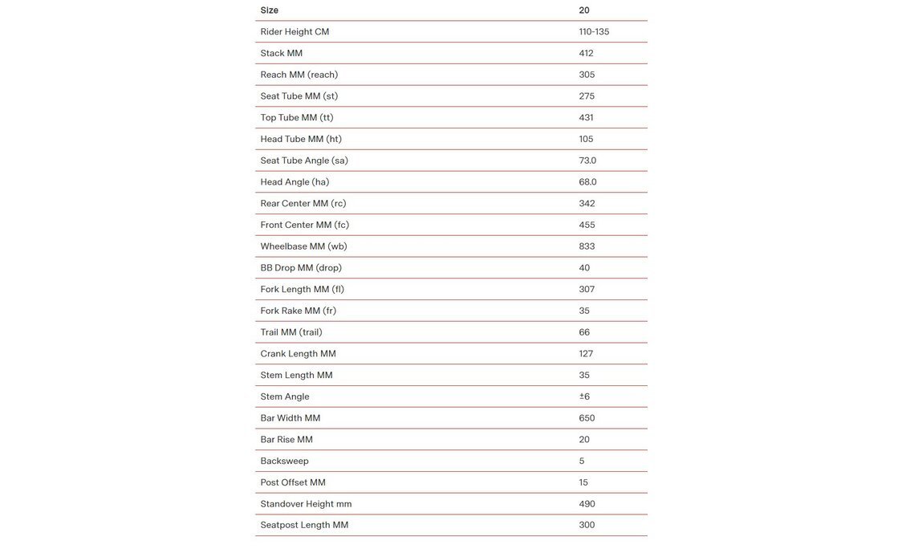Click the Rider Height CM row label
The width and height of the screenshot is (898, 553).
pyautogui.click(x=295, y=32)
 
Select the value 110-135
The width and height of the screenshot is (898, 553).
pyautogui.click(x=594, y=32)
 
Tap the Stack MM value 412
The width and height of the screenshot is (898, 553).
pyautogui.click(x=586, y=53)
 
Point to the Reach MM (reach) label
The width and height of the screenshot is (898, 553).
pyautogui.click(x=299, y=75)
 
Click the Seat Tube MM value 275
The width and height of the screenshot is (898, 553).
pyautogui.click(x=587, y=96)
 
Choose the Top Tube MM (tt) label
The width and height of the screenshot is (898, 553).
pyautogui.click(x=296, y=118)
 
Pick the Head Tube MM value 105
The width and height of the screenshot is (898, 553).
pyautogui.click(x=586, y=139)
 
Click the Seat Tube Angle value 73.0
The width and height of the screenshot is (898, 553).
pyautogui.click(x=587, y=161)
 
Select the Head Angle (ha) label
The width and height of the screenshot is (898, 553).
pyautogui.click(x=295, y=182)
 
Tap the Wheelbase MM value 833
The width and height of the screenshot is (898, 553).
pyautogui.click(x=587, y=246)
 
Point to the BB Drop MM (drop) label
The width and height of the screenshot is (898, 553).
pyautogui.click(x=301, y=268)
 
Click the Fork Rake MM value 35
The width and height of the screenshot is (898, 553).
pyautogui.click(x=584, y=311)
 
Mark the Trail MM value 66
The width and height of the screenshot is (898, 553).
pyautogui.click(x=584, y=332)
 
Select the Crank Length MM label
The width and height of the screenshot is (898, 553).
pyautogui.click(x=298, y=354)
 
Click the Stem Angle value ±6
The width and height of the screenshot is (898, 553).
pyautogui.click(x=584, y=396)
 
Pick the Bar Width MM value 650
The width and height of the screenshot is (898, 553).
pyautogui.click(x=587, y=418)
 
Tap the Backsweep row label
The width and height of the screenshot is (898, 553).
pyautogui.click(x=284, y=462)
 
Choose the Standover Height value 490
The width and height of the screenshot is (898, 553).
pyautogui.click(x=587, y=504)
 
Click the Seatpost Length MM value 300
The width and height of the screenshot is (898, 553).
pyautogui.click(x=587, y=525)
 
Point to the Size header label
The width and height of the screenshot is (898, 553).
pyautogui.click(x=269, y=10)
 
